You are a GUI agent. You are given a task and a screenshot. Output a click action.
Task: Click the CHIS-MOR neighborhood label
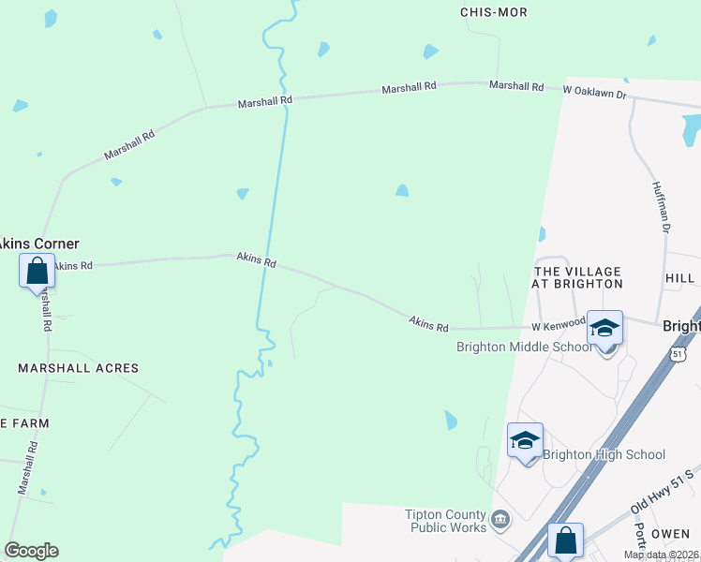pos(494,12)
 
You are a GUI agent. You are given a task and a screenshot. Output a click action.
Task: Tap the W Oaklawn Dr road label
pos(594,90)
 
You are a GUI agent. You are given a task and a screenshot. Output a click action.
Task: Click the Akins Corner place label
pos(38,244)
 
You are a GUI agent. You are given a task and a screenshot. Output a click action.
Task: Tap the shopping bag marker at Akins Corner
pos(37,272)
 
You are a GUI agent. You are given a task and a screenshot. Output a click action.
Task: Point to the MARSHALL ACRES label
pos(78,368)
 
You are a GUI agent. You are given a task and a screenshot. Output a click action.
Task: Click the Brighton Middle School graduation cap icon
pos(604,329)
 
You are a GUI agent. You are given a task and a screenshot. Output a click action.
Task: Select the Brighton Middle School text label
pos(524,347)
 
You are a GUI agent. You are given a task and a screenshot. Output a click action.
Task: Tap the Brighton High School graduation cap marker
pos(526,441)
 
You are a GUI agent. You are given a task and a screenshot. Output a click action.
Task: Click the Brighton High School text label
pos(604,455)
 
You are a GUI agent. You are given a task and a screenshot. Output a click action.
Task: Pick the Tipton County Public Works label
pos(446,521)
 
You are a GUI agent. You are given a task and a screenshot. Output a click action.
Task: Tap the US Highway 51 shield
pos(679,354)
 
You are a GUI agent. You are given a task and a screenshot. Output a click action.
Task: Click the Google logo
pos(31,551)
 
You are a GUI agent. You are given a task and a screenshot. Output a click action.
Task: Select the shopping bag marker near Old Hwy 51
pos(565,541)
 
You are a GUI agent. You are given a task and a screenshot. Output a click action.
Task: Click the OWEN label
pos(670,533)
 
